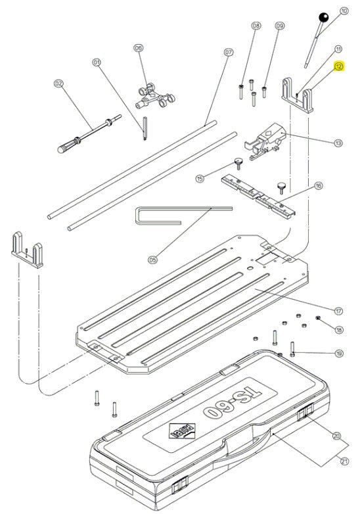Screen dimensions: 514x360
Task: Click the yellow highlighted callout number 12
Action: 339,66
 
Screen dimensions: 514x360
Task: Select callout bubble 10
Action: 344,11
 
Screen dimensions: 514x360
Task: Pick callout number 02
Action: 58,83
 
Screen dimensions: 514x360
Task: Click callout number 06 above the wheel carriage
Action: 139,48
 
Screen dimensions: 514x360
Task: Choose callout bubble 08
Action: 256,26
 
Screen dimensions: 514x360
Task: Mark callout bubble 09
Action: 280,26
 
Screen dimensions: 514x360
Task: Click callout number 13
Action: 338,143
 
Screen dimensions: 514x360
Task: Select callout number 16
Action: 319,186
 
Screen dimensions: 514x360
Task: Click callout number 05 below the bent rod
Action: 152,260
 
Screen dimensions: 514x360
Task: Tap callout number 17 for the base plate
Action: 339,310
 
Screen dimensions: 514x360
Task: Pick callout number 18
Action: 339,329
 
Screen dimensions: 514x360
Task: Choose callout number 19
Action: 339,354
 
